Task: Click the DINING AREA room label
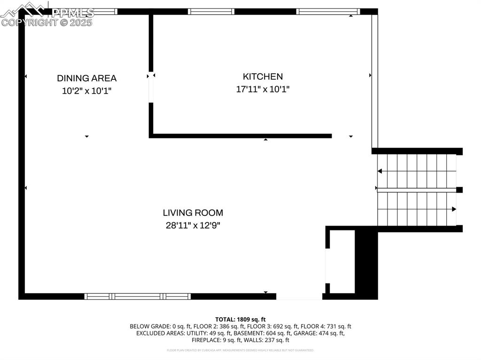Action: coord(86,78)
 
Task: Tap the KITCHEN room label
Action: coord(263,77)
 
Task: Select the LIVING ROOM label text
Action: coord(193,213)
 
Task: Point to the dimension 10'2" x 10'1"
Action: coord(86,91)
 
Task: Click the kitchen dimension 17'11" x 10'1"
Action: coord(263,89)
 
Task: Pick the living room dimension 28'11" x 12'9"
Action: coord(193,225)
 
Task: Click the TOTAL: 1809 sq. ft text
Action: coord(240,319)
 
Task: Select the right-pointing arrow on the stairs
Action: coord(453,209)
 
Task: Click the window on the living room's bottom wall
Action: coord(137,296)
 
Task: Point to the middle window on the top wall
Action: coord(211,11)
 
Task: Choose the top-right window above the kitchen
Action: coord(328,11)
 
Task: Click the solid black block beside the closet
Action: coord(366,263)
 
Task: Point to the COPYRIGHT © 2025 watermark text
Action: coord(47,22)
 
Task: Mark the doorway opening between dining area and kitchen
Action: coord(151,88)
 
